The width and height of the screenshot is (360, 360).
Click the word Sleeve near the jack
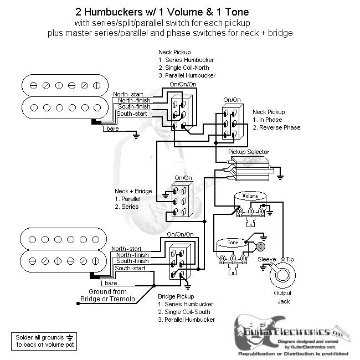pos(267,259)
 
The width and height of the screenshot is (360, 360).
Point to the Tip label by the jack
pos(289,259)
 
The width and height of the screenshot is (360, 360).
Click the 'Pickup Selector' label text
pos(249,152)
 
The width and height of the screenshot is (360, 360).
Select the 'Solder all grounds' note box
pos(42,340)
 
